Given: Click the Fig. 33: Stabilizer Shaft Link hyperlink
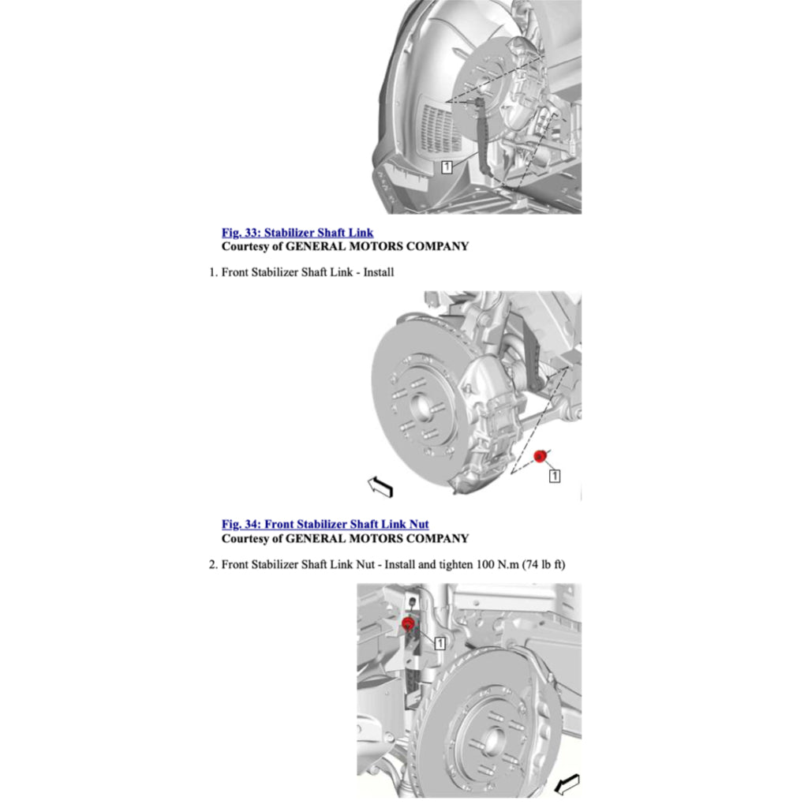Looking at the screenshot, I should point(297,233).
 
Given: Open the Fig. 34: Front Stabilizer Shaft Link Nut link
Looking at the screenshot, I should point(325,524).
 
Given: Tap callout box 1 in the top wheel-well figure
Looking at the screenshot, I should point(447,166).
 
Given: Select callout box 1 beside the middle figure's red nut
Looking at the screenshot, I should point(554,476).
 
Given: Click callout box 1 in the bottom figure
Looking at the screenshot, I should point(440,643).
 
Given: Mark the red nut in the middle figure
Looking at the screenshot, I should point(541,457).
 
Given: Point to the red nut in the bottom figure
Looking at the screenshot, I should point(408,625).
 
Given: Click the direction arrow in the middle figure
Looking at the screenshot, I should point(380,487).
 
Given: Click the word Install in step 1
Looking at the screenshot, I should point(379,272).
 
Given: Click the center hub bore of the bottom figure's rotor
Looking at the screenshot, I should point(493,740).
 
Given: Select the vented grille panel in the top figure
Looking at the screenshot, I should point(441,129).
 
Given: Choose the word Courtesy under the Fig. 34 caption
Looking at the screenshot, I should point(246,538).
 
